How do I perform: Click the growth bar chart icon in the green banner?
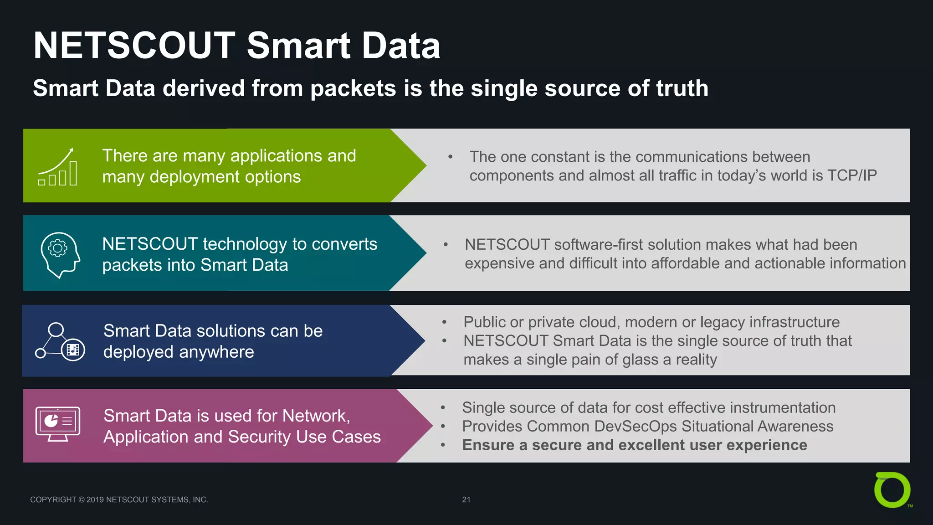(58, 167)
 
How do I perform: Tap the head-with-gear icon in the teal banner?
(60, 254)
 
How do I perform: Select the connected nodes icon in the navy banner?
(60, 342)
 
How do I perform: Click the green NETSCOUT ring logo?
(892, 490)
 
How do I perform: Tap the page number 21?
(466, 499)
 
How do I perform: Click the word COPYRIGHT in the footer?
(53, 500)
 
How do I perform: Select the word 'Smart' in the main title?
(299, 46)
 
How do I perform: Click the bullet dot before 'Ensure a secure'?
(443, 445)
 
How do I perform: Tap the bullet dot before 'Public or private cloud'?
(444, 323)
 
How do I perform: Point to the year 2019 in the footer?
(95, 500)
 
